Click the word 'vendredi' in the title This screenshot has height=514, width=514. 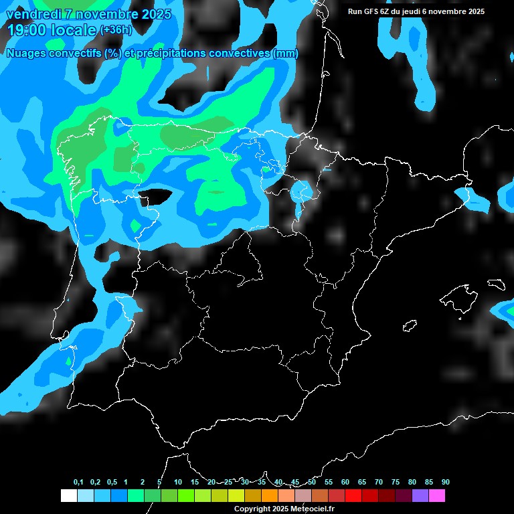(x=31, y=14)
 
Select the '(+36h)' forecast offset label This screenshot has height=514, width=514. (x=116, y=29)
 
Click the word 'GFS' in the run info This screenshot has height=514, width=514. (x=371, y=11)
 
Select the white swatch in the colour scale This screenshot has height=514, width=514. (x=68, y=495)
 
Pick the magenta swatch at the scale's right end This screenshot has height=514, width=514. (x=437, y=495)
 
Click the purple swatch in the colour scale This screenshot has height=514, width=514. (x=420, y=495)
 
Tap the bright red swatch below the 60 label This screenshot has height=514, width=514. (x=353, y=495)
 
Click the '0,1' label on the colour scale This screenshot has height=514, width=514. (x=78, y=482)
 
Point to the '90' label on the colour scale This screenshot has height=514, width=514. (x=446, y=482)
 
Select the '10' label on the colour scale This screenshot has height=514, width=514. (x=178, y=482)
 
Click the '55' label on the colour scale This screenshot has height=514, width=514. (x=329, y=482)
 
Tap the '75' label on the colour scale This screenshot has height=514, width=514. (x=396, y=482)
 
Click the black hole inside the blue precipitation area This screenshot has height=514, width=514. (x=156, y=196)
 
